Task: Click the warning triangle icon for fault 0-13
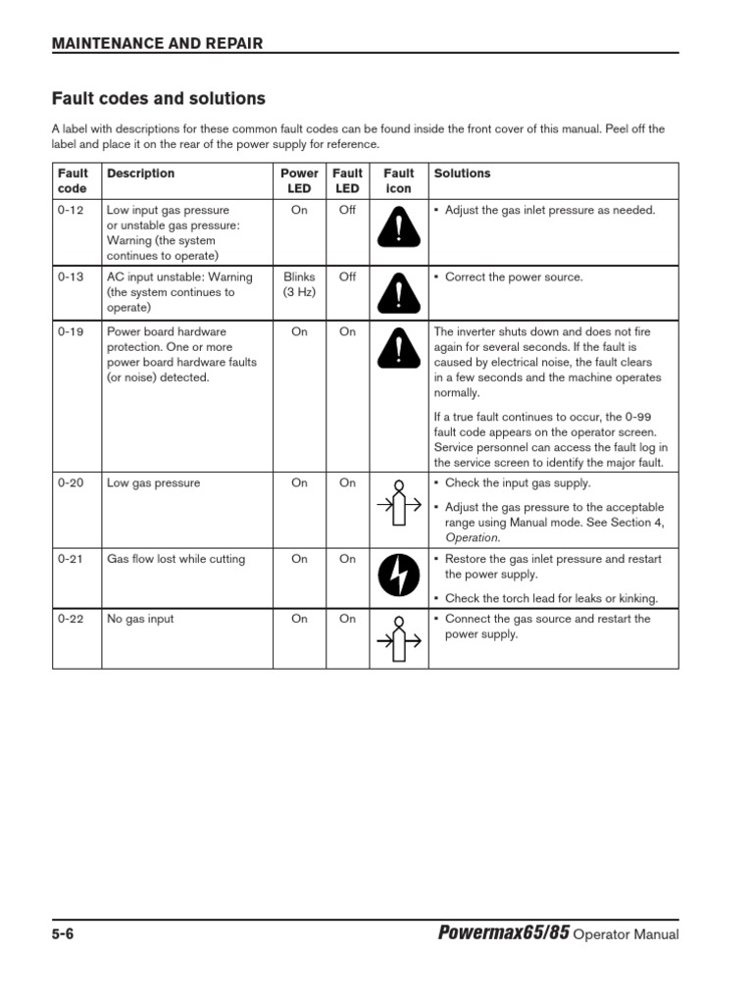pos(398,291)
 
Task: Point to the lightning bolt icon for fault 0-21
pos(398,577)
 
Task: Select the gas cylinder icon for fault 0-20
pos(398,505)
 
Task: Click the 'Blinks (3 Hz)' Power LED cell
pos(299,284)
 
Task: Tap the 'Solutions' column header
pos(462,174)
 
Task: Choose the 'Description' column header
pos(140,174)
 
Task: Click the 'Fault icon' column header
pos(398,180)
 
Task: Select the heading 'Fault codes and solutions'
pos(158,99)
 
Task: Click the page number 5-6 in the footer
pos(63,934)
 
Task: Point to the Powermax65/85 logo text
pos(503,932)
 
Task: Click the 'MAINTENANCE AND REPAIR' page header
pos(157,43)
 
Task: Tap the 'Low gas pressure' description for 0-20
pos(153,483)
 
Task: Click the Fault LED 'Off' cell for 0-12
pos(347,211)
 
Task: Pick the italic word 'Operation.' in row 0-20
pos(473,537)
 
